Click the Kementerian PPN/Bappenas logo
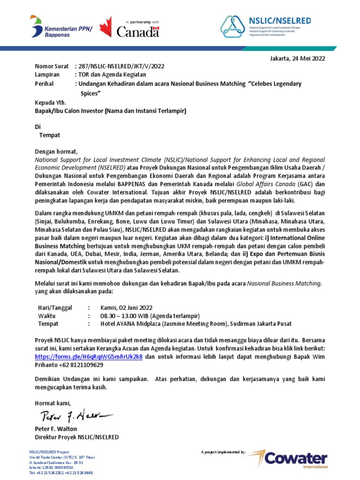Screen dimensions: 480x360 (x=63, y=27)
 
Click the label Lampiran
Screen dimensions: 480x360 (x=47, y=75)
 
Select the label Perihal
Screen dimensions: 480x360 (x=45, y=83)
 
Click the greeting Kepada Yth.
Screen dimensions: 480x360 (x=51, y=103)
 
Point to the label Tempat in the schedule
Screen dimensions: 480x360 (x=48, y=323)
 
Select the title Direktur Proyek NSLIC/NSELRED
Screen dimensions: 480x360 (x=77, y=437)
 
